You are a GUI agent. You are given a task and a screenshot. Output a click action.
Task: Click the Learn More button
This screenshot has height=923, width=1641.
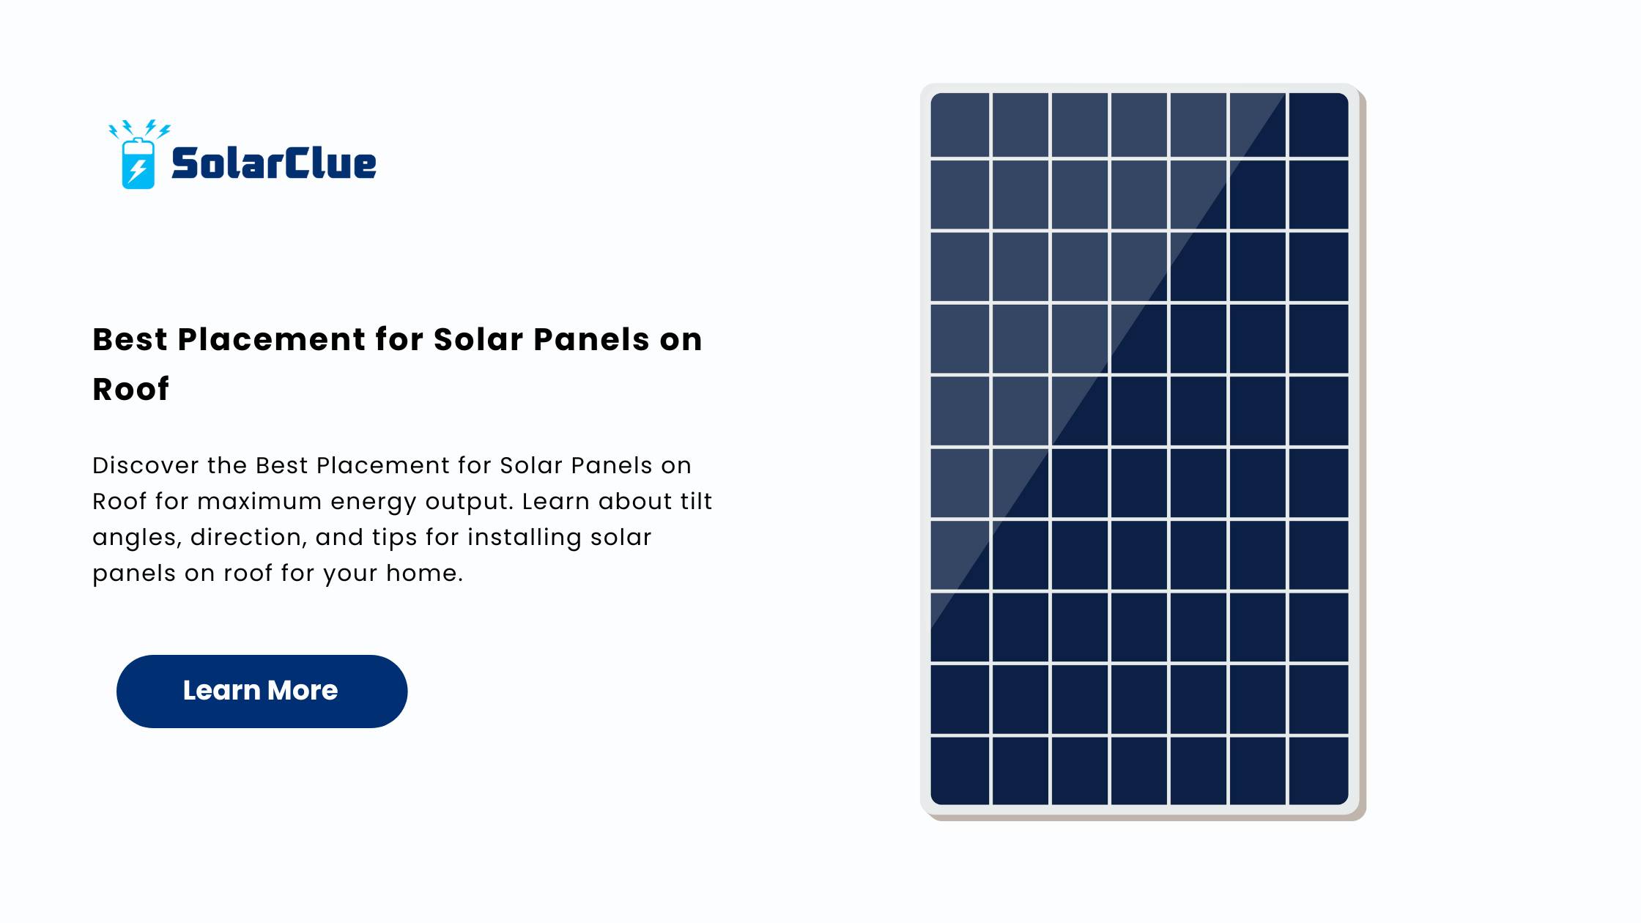(262, 691)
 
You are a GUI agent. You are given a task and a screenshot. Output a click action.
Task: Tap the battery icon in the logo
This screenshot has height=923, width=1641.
(138, 163)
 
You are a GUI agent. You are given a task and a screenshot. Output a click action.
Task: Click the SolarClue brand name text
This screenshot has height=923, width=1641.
(274, 163)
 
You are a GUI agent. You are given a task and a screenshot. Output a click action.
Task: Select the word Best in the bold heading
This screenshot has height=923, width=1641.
(130, 340)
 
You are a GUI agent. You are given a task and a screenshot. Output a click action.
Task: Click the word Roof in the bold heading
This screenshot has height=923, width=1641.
(131, 389)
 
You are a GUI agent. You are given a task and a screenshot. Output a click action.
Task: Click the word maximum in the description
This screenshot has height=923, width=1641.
(259, 501)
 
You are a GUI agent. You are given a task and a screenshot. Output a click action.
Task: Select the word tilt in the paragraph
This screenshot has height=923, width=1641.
(697, 501)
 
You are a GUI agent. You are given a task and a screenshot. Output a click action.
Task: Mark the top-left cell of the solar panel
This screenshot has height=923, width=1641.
(960, 125)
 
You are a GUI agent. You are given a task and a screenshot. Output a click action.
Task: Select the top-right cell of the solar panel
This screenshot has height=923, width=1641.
(1319, 125)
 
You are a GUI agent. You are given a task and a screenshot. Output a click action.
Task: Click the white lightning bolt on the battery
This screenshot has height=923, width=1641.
(138, 170)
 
